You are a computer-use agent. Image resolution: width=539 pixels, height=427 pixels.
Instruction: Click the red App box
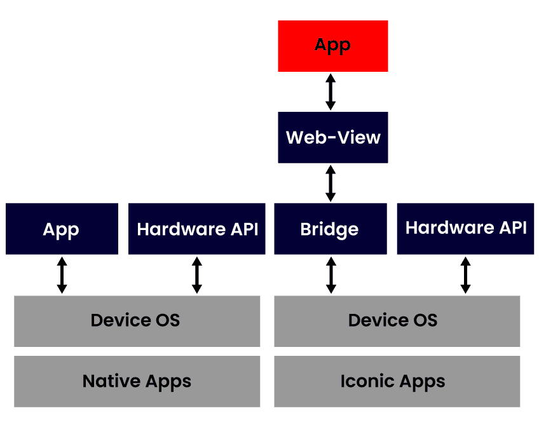pyautogui.click(x=332, y=46)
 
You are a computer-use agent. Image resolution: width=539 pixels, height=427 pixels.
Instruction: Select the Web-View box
pyautogui.click(x=332, y=137)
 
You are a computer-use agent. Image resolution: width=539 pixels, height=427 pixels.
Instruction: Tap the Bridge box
pyautogui.click(x=330, y=229)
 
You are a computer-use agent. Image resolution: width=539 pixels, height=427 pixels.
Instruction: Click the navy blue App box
pyautogui.click(x=62, y=229)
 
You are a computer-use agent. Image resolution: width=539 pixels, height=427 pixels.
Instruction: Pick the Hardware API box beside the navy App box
pyautogui.click(x=197, y=229)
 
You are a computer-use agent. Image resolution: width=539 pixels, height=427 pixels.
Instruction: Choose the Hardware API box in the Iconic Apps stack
pyautogui.click(x=465, y=229)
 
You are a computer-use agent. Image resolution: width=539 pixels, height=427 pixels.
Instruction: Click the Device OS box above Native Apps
pyautogui.click(x=137, y=320)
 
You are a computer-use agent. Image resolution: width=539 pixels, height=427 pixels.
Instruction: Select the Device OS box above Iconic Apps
pyautogui.click(x=397, y=320)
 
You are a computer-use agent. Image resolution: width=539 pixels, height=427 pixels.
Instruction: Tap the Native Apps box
pyautogui.click(x=137, y=381)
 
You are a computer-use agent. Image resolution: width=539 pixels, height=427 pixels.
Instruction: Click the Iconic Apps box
pyautogui.click(x=397, y=381)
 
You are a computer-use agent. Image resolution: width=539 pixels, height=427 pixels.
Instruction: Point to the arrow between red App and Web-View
pyautogui.click(x=331, y=91)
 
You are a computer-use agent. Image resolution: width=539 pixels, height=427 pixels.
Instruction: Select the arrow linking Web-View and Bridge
pyautogui.click(x=331, y=183)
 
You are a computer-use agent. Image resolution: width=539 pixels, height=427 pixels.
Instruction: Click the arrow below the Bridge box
pyautogui.click(x=331, y=275)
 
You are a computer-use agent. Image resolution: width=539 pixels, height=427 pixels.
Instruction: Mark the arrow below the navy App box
pyautogui.click(x=62, y=275)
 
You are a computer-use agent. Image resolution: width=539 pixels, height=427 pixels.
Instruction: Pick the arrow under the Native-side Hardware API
pyautogui.click(x=197, y=275)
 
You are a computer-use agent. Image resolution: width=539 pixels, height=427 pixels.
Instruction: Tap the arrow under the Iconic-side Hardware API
pyautogui.click(x=465, y=275)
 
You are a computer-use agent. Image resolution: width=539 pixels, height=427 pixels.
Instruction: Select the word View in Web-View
pyautogui.click(x=358, y=137)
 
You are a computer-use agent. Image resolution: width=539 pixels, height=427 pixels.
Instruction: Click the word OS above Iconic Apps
pyautogui.click(x=425, y=320)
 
